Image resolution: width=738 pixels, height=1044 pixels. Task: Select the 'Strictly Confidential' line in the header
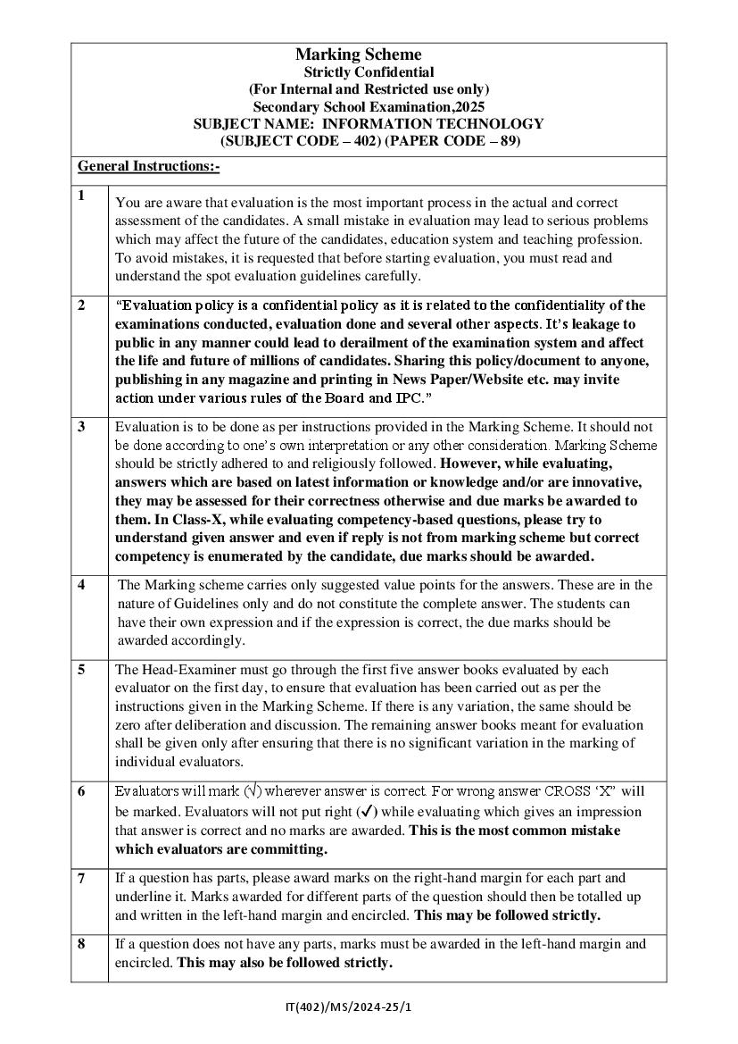[369, 72]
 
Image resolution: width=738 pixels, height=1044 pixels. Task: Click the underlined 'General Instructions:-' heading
[149, 167]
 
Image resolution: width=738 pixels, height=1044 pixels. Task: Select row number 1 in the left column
[81, 196]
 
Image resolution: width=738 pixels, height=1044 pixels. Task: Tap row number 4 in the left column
[81, 586]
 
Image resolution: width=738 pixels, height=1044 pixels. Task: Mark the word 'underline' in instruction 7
[143, 897]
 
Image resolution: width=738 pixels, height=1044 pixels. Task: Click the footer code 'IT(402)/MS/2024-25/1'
[349, 1007]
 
